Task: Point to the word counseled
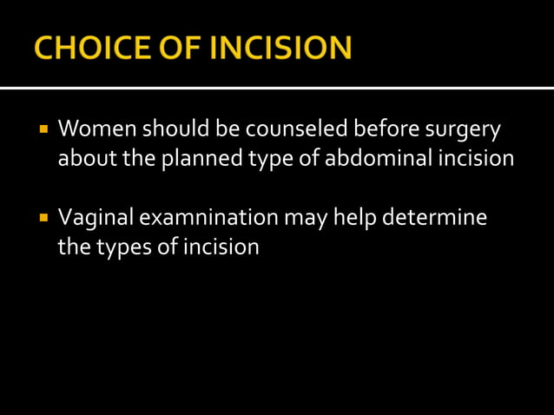pos(292,131)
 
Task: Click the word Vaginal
pos(91,218)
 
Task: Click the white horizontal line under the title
pos(277,88)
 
